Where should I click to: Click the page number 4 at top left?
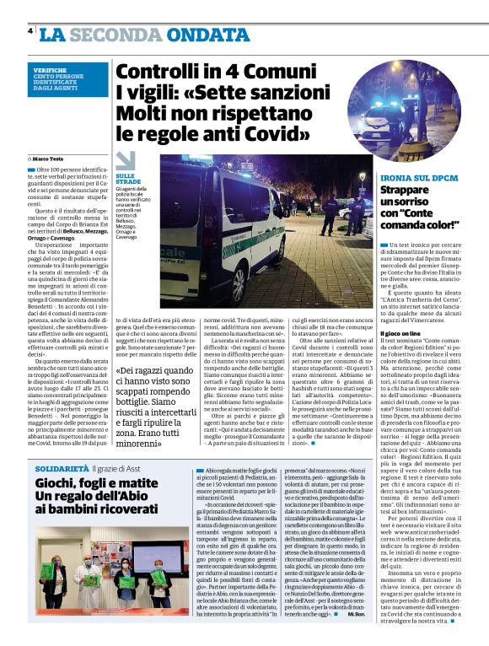30,31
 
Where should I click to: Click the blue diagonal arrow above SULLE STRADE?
126,159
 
